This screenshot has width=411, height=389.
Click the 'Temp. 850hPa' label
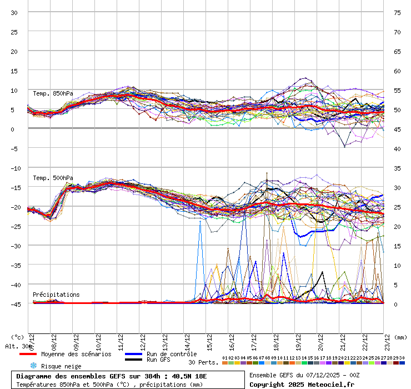pos(53,93)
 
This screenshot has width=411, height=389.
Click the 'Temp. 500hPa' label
pos(53,178)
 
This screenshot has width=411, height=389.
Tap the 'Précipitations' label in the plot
pos(56,295)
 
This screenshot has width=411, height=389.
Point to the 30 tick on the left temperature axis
pos(14,12)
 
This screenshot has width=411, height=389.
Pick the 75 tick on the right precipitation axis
pos(397,12)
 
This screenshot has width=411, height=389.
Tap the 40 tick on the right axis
pos(397,148)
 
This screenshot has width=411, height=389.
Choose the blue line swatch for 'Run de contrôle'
pos(133,354)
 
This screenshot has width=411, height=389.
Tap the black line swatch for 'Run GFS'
pos(133,360)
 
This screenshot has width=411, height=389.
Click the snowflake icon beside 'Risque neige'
pos(33,366)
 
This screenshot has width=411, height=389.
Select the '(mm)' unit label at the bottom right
pos(400,337)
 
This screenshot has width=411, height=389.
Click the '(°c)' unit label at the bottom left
pos(17,337)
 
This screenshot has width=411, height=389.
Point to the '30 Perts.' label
pos(203,362)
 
